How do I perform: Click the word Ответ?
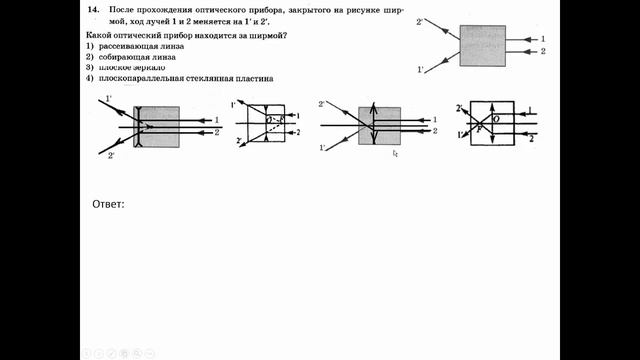(107, 205)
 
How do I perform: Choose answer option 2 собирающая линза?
(130, 58)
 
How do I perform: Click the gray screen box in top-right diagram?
(482, 45)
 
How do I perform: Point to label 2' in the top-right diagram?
(420, 21)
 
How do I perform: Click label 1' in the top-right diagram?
(420, 70)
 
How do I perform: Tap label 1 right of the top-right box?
(542, 38)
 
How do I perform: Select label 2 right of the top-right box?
(542, 50)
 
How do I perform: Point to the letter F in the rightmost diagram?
(480, 127)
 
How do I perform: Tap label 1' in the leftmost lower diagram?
(108, 99)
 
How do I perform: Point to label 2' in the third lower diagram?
(323, 103)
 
